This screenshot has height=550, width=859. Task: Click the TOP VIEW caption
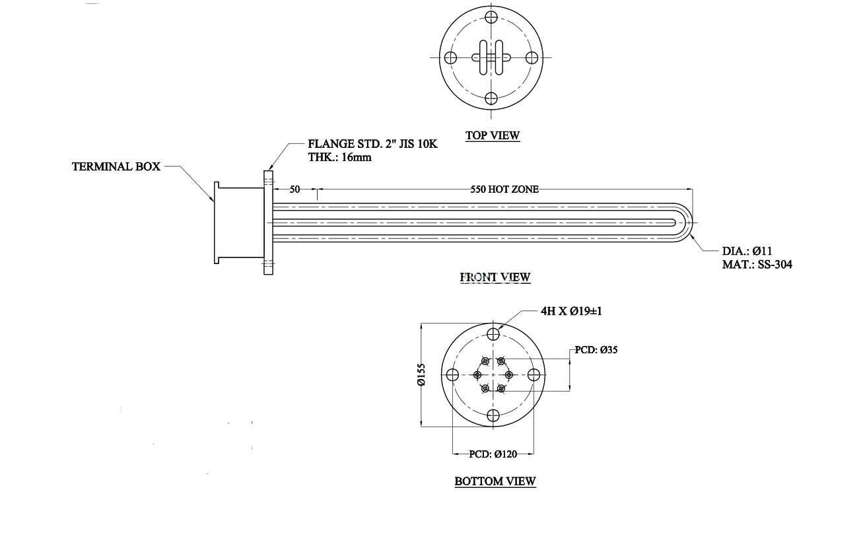pyautogui.click(x=493, y=135)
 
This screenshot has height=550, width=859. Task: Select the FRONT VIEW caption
pyautogui.click(x=495, y=277)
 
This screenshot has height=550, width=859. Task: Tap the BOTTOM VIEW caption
pyautogui.click(x=495, y=481)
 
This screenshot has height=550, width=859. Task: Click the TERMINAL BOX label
pyautogui.click(x=116, y=166)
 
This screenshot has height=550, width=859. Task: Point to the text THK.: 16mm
pyautogui.click(x=340, y=157)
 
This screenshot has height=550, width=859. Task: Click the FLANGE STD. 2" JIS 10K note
pyautogui.click(x=373, y=144)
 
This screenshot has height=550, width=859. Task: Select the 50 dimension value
pyautogui.click(x=294, y=189)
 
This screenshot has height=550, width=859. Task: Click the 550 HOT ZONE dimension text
pyautogui.click(x=504, y=189)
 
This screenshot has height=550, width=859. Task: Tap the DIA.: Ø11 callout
pyautogui.click(x=747, y=251)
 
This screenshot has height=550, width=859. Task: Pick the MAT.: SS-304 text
pyautogui.click(x=757, y=265)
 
